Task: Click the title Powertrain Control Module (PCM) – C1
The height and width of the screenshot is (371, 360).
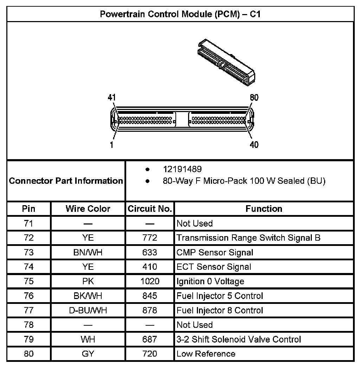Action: pyautogui.click(x=180, y=14)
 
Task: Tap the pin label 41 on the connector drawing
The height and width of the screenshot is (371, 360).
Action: pyautogui.click(x=111, y=98)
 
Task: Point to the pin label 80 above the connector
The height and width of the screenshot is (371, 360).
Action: pyautogui.click(x=253, y=98)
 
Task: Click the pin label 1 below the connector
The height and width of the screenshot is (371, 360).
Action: pyautogui.click(x=111, y=145)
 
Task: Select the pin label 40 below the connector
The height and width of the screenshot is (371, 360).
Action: pyautogui.click(x=253, y=145)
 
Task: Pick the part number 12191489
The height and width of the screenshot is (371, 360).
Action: pyautogui.click(x=182, y=169)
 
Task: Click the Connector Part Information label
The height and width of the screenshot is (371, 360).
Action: pyautogui.click(x=66, y=181)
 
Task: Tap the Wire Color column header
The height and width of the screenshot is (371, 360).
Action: pyautogui.click(x=88, y=209)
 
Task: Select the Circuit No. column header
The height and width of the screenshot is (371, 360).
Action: pyautogui.click(x=150, y=209)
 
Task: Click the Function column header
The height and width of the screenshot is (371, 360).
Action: pyautogui.click(x=264, y=209)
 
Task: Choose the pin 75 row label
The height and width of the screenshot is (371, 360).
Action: pyautogui.click(x=29, y=281)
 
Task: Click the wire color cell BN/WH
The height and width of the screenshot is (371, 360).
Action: pyautogui.click(x=88, y=252)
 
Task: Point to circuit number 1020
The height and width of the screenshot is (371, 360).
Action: pyautogui.click(x=150, y=281)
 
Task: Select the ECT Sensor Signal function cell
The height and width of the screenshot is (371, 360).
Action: pyautogui.click(x=214, y=267)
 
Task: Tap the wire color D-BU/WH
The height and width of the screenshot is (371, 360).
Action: pyautogui.click(x=88, y=311)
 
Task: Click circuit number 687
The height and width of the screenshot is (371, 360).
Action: pyautogui.click(x=150, y=339)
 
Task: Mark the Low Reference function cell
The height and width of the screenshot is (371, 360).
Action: pyautogui.click(x=206, y=354)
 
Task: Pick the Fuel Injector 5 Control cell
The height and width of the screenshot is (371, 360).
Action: pyautogui.click(x=220, y=296)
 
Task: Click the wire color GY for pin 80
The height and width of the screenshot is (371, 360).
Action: pyautogui.click(x=88, y=354)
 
